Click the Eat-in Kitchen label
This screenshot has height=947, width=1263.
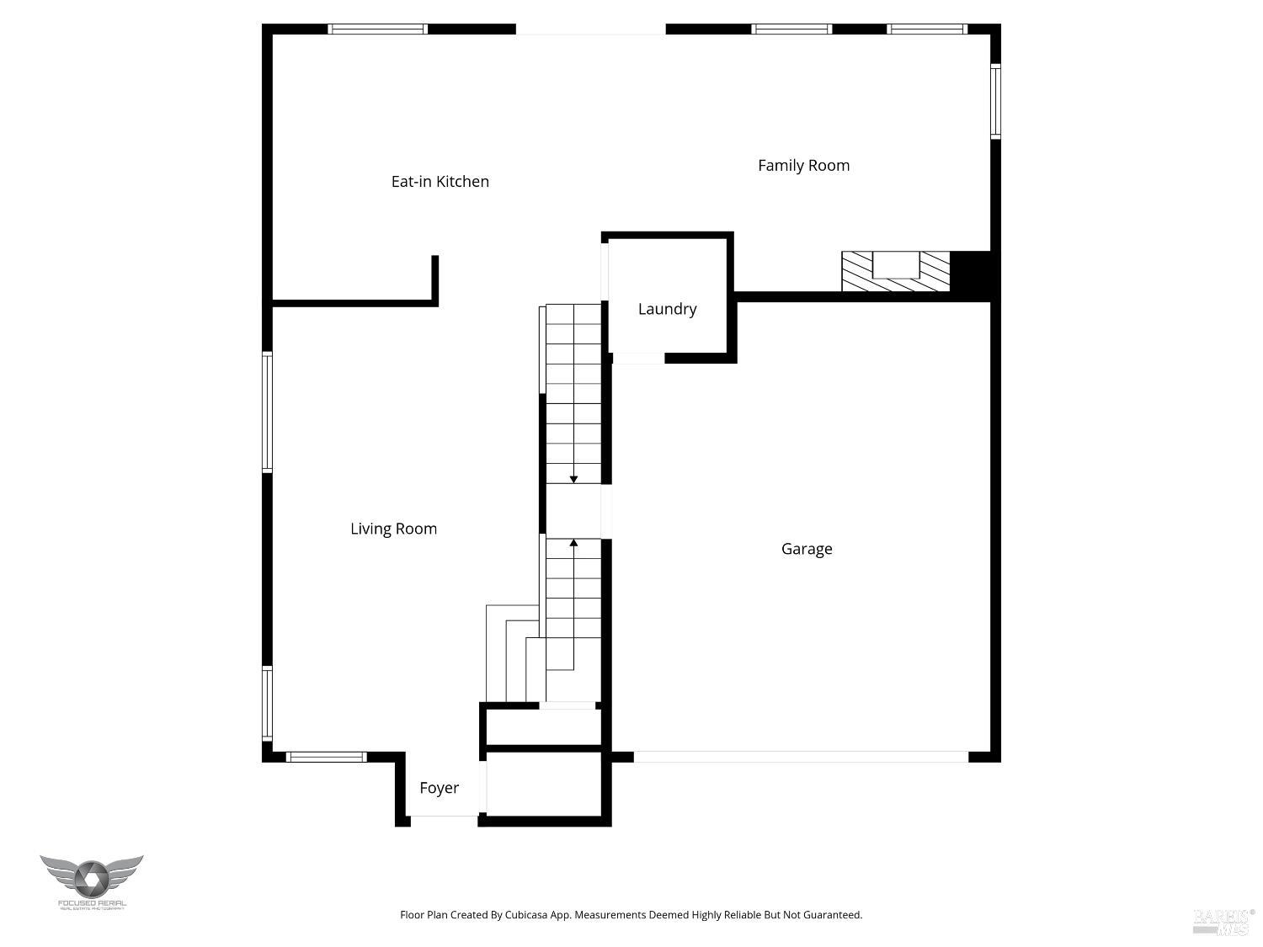point(440,181)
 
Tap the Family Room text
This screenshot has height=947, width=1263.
point(803,165)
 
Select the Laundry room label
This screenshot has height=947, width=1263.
point(667,309)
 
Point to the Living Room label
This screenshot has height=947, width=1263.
point(393,529)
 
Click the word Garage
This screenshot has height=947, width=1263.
point(807,549)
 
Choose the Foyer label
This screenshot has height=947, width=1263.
point(439,788)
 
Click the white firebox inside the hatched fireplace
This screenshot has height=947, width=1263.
point(896,264)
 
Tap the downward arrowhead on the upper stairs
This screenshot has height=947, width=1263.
point(573,479)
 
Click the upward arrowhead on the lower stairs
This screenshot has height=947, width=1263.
point(573,544)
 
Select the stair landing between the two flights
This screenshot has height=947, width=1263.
point(573,511)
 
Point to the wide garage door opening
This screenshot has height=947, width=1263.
point(801,757)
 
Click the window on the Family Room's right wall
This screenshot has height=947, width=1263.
point(995,101)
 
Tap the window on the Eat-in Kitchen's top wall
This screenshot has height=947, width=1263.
point(377,29)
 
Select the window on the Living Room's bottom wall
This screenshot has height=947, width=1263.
point(327,757)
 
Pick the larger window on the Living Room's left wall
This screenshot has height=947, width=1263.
point(267,412)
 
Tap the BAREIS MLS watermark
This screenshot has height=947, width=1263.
point(1223,922)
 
